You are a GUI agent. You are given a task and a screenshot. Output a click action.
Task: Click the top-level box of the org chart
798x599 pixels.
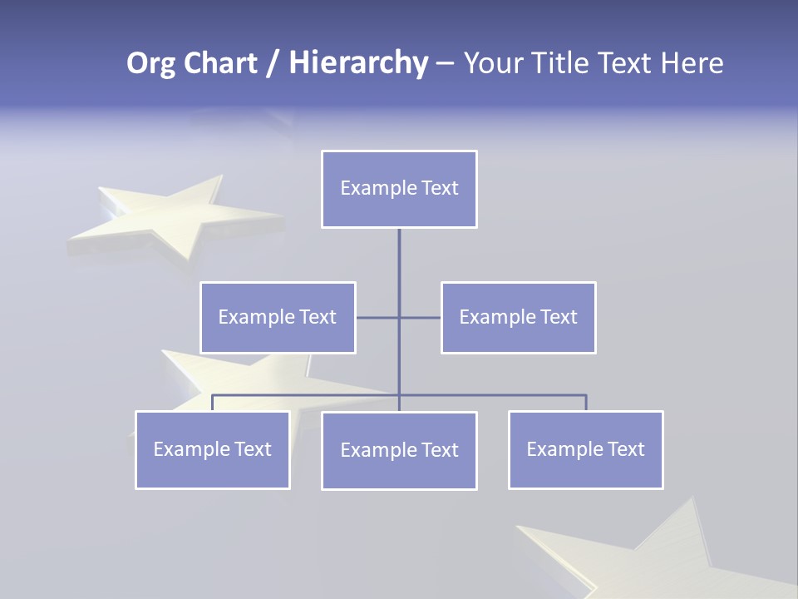pyautogui.click(x=399, y=189)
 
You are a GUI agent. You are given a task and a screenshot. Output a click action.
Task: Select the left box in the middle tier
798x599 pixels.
pyautogui.click(x=278, y=317)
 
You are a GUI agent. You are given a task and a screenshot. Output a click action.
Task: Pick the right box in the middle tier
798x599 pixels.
pyautogui.click(x=518, y=317)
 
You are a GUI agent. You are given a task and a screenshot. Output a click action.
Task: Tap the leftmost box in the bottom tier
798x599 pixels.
pyautogui.click(x=212, y=449)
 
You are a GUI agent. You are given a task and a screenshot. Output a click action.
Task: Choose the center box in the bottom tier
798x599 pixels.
pyautogui.click(x=399, y=450)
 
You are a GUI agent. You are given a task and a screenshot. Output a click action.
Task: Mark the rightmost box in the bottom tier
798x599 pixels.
pyautogui.click(x=585, y=449)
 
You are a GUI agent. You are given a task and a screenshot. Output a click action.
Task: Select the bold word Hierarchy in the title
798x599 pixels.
pyautogui.click(x=357, y=63)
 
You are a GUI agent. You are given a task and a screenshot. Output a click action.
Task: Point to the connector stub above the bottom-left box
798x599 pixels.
pyautogui.click(x=212, y=403)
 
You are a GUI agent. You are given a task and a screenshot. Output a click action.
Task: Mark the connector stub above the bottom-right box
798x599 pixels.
pyautogui.click(x=586, y=403)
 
